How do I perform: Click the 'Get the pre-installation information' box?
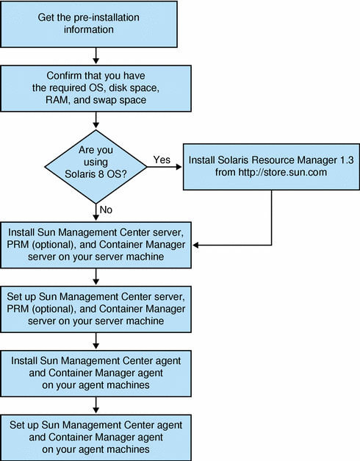click(96, 25)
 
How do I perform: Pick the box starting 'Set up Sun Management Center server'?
click(96, 308)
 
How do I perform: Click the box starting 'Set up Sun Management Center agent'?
click(96, 435)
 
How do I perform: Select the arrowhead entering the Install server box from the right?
click(198, 246)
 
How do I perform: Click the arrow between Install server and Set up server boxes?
click(96, 277)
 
